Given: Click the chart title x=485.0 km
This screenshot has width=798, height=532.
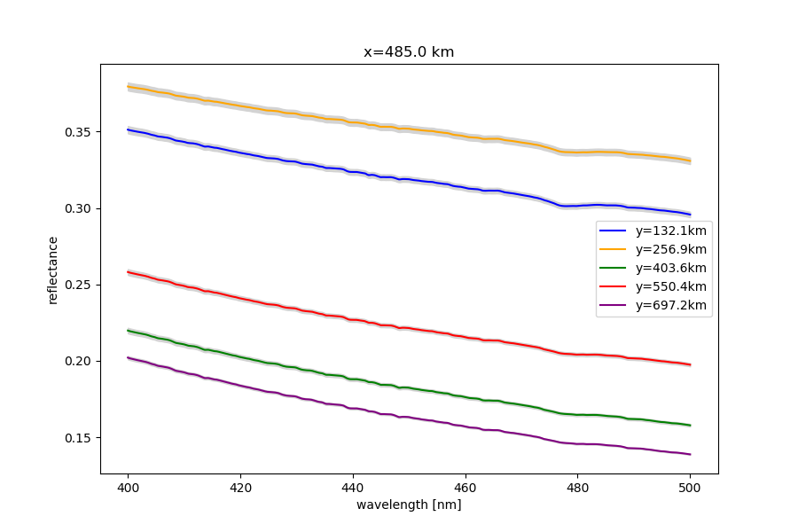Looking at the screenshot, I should point(409,52).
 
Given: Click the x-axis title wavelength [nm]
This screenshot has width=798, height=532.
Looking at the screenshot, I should point(409,505).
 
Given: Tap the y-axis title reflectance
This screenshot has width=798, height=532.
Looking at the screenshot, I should point(53,270).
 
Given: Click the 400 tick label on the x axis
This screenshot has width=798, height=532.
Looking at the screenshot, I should point(129,487).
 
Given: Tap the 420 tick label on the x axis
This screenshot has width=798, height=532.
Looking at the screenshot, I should point(240,487).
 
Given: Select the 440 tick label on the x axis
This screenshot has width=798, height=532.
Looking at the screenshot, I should point(353,487).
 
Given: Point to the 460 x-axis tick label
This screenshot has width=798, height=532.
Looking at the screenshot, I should point(465,487).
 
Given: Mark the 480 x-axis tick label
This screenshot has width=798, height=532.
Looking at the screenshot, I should point(577,487).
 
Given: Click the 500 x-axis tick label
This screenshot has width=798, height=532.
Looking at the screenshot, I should point(690,487).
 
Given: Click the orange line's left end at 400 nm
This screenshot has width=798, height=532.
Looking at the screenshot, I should point(129,87).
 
